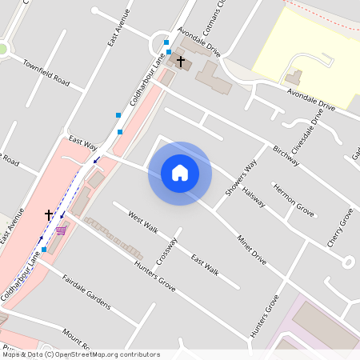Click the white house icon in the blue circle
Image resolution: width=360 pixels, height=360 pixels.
(x=179, y=173)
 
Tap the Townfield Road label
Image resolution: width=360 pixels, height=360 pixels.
(x=46, y=73)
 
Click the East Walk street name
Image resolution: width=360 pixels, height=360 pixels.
(x=205, y=263)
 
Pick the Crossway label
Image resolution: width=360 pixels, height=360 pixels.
(x=166, y=254)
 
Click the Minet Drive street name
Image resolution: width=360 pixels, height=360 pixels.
(x=251, y=249)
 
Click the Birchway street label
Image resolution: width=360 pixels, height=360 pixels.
(x=286, y=156)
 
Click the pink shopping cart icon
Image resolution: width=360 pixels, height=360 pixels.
(x=61, y=231)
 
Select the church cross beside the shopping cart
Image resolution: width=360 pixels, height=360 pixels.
(x=49, y=214)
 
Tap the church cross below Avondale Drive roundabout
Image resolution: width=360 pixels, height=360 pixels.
(x=181, y=61)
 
